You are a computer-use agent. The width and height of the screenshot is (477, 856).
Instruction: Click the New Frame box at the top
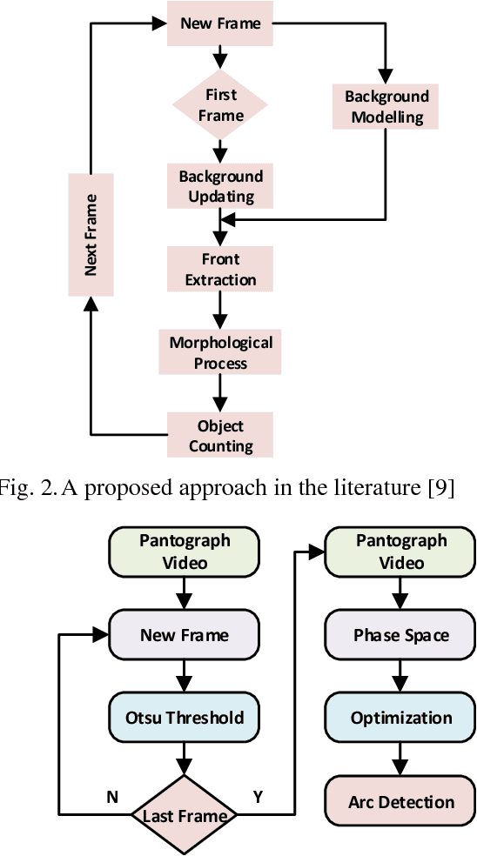pos(220,23)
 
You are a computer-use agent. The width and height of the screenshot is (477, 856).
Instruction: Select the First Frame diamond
pos(220,104)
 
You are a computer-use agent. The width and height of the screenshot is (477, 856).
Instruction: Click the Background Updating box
pos(220,186)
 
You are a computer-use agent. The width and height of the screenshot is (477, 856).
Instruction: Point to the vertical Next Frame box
pos(91,234)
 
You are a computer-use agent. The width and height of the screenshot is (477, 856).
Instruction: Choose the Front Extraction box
pos(220,270)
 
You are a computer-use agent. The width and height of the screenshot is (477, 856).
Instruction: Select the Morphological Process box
pos(220,353)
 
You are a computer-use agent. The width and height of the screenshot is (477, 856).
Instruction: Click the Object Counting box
pos(220,436)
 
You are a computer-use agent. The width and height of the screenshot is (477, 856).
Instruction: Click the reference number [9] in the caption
pos(440,488)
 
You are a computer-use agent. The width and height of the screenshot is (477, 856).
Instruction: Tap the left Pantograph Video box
pos(185,552)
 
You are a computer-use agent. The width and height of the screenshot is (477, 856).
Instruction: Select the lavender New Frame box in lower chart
pos(185,635)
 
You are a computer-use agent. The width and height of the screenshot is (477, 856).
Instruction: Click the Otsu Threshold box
pos(185,719)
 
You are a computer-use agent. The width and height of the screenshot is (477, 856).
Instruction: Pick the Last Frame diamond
pos(185,815)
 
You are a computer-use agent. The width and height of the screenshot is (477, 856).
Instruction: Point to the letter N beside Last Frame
pos(111,797)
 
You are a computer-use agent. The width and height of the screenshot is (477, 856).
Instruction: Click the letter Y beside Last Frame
pos(258,797)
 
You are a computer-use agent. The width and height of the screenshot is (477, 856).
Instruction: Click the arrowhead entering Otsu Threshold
pos(185,686)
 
